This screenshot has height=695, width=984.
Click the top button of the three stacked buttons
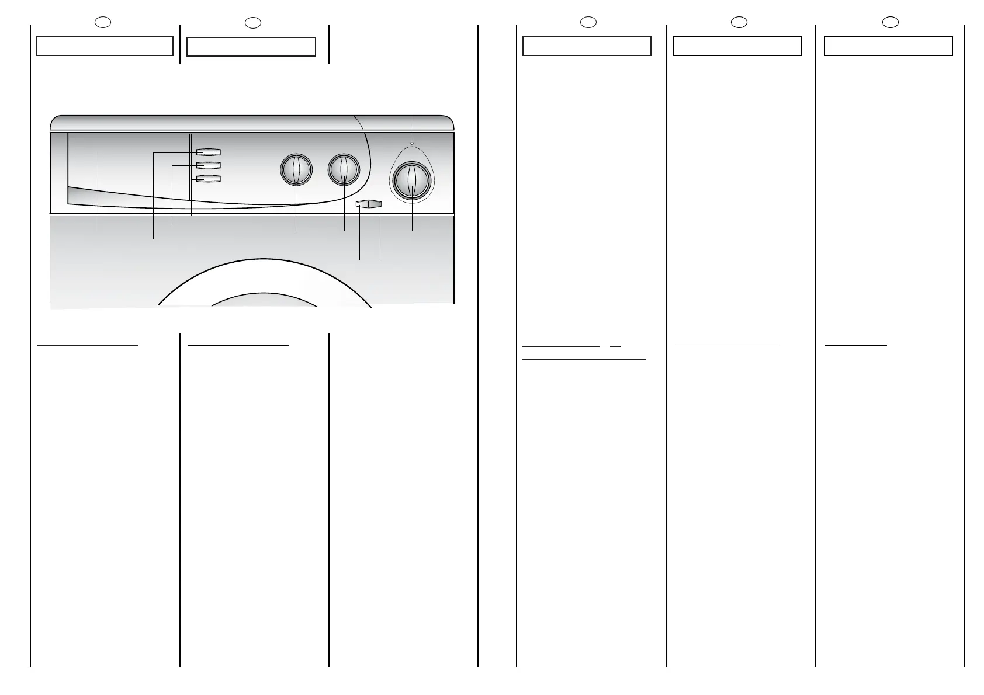pyautogui.click(x=208, y=152)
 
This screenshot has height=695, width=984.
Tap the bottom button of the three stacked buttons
pyautogui.click(x=208, y=179)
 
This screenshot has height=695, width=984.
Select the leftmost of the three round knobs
pyautogui.click(x=296, y=170)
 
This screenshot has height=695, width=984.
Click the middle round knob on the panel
pyautogui.click(x=344, y=170)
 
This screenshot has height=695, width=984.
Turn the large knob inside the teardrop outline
pyautogui.click(x=412, y=182)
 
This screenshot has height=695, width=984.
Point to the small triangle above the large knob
pyautogui.click(x=412, y=144)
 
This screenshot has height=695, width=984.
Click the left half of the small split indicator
pyautogui.click(x=362, y=204)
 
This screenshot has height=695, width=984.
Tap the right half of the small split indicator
pyautogui.click(x=375, y=204)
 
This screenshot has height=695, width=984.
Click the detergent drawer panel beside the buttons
pyautogui.click(x=117, y=169)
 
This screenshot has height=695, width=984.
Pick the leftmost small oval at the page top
pyautogui.click(x=103, y=22)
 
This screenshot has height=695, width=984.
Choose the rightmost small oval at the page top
pyautogui.click(x=890, y=22)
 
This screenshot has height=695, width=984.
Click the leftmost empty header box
pyautogui.click(x=105, y=46)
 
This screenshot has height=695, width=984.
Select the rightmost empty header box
pyautogui.click(x=888, y=46)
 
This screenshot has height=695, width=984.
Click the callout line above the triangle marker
pyautogui.click(x=413, y=111)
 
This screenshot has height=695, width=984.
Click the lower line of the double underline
pyautogui.click(x=584, y=359)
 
